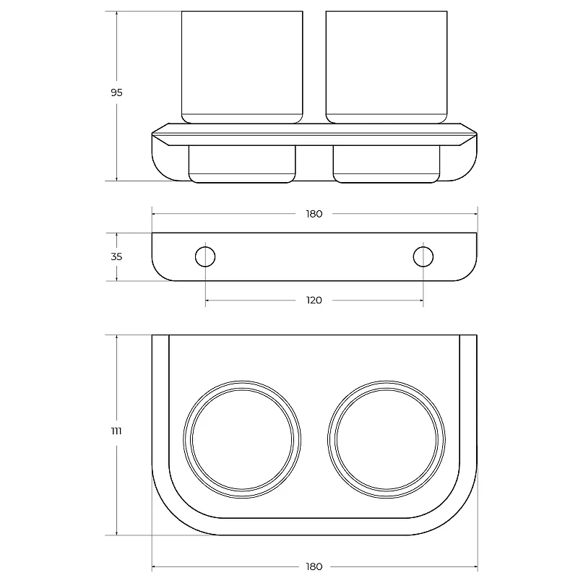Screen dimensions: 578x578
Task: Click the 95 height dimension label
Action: tap(116, 92)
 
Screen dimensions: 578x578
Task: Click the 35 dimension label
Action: tap(116, 256)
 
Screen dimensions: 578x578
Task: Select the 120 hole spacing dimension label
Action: tap(314, 301)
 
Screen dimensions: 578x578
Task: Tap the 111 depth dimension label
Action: tap(116, 431)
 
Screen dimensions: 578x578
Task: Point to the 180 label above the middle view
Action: tap(314, 214)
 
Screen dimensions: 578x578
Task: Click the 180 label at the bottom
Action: tap(314, 566)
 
